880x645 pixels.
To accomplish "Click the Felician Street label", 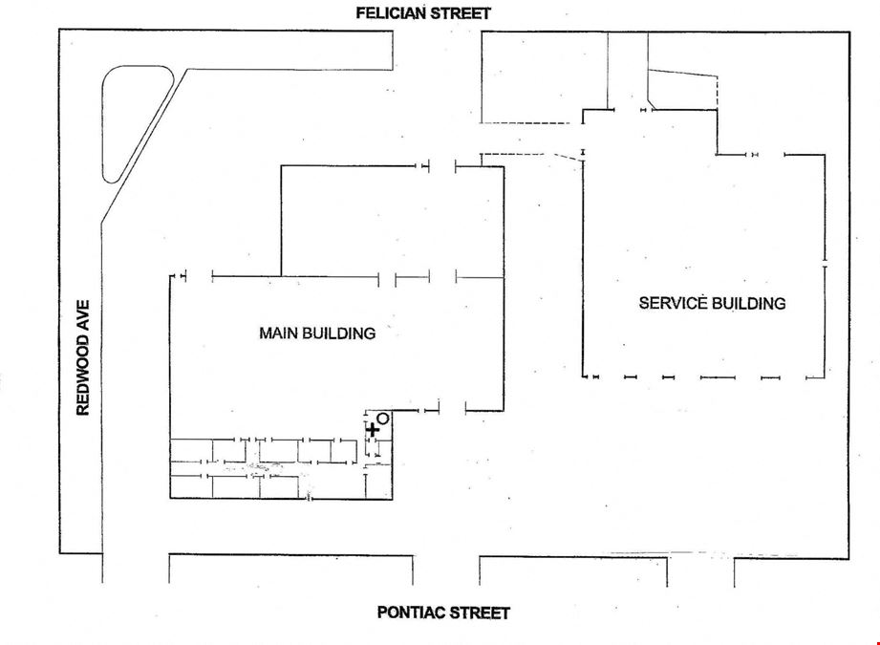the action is pos(423,13).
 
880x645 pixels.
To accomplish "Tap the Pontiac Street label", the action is pos(443,613).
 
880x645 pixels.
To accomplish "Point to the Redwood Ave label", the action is pos(83,357).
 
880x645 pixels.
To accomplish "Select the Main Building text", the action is pos(317,333).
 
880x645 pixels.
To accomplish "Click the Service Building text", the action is pos(712,303).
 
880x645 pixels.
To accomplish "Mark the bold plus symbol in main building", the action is pos(372,430).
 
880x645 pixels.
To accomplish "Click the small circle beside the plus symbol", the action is pos(383,419).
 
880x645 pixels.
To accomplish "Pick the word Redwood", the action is pos(83,375).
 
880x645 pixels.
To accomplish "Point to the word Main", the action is pos(278,333).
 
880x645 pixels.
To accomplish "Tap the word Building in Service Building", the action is pos(749,303).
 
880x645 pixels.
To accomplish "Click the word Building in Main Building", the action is pos(339,333).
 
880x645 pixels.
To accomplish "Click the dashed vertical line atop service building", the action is pos(718,91).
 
